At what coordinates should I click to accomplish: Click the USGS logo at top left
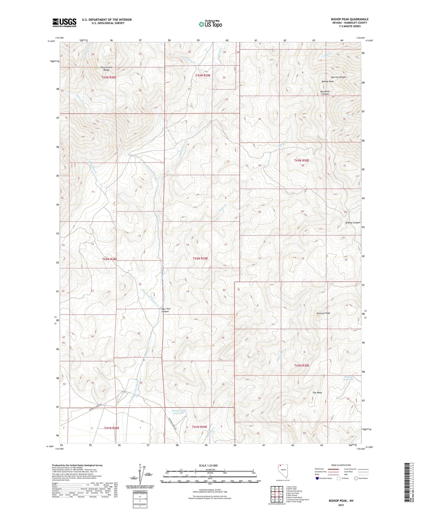pyautogui.click(x=64, y=23)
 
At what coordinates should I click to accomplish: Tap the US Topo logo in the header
pyautogui.click(x=210, y=24)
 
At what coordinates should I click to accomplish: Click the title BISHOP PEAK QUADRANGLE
pyautogui.click(x=350, y=19)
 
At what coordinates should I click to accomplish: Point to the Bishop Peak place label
pyautogui.click(x=328, y=82)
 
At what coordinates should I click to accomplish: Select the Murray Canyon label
pyautogui.click(x=338, y=77)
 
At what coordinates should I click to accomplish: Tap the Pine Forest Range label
pyautogui.click(x=107, y=69)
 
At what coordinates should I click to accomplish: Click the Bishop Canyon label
pyautogui.click(x=353, y=223)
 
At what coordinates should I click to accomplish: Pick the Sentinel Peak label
pyautogui.click(x=323, y=313)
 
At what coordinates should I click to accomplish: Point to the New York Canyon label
pyautogui.click(x=166, y=310)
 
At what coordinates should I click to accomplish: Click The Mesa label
pyautogui.click(x=317, y=393)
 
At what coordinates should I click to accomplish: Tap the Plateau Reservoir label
pyautogui.click(x=349, y=378)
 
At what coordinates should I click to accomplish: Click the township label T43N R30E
pyautogui.click(x=301, y=160)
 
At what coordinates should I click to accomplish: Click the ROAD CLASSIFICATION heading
pyautogui.click(x=341, y=465)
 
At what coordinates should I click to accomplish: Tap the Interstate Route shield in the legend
pyautogui.click(x=317, y=478)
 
